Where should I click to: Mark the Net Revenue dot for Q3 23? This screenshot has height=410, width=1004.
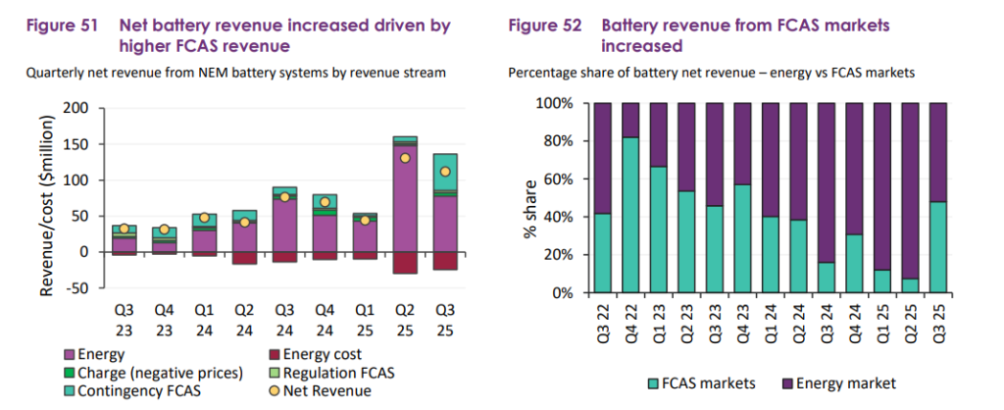coord(125,229)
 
